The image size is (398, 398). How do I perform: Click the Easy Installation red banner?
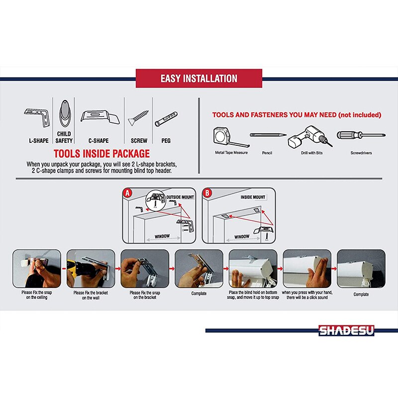tap(199, 79)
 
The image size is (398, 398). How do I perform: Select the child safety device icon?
tap(65, 113)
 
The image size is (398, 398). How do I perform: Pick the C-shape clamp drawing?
tap(100, 117)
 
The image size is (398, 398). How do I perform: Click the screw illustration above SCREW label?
tap(138, 118)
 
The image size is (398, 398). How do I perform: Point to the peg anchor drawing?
tap(166, 119)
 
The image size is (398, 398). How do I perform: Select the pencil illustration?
tap(268, 135)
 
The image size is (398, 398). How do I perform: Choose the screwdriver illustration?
tap(361, 135)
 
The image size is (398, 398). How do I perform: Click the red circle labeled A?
tap(127, 193)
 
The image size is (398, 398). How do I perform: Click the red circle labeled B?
tap(207, 193)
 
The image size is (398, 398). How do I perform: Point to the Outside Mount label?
tap(180, 197)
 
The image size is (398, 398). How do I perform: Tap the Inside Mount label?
tap(253, 197)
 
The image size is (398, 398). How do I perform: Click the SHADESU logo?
tap(346, 330)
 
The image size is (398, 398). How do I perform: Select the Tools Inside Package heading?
tap(101, 154)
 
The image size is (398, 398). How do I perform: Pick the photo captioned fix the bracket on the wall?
tap(91, 269)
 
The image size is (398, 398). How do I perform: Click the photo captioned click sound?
tap(307, 269)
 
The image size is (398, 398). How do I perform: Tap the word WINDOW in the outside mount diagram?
tap(162, 236)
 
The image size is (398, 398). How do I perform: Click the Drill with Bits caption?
tap(312, 153)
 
